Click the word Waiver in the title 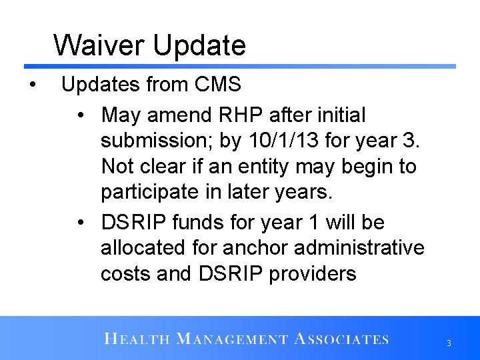point(100,45)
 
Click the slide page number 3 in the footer point(449,343)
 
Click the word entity point(278,166)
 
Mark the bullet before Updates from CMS point(32,85)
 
